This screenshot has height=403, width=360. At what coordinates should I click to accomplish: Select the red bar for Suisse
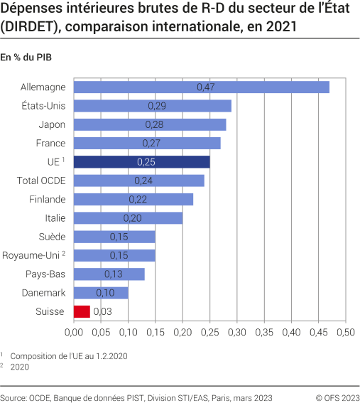(x=82, y=311)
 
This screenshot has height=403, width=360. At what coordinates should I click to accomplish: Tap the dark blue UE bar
(x=141, y=162)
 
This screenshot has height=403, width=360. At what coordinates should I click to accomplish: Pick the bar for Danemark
(x=101, y=293)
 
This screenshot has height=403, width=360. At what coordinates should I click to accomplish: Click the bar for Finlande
(x=133, y=199)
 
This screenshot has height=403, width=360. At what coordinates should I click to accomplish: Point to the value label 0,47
(x=205, y=87)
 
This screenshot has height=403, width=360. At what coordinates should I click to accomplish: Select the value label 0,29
(x=157, y=106)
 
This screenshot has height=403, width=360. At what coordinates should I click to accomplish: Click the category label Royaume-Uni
(x=31, y=255)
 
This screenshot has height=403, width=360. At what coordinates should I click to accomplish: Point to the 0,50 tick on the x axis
(x=345, y=331)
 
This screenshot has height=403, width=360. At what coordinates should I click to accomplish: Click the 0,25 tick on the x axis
(x=209, y=331)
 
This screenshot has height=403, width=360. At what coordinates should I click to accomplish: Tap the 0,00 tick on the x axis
(x=74, y=331)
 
